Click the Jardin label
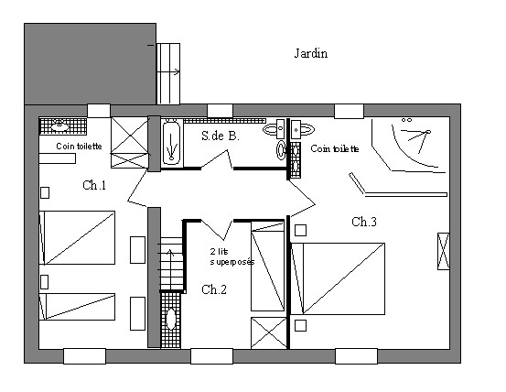click(311, 53)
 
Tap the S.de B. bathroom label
click(221, 136)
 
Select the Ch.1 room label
click(94, 185)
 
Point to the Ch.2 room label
click(214, 289)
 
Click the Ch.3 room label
click(364, 222)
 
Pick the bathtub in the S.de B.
click(171, 143)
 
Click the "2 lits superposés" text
click(232, 256)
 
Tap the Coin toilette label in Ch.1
click(79, 147)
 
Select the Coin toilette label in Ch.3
click(335, 148)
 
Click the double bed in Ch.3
click(338, 278)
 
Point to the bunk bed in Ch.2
click(267, 267)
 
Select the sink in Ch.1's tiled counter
click(60, 125)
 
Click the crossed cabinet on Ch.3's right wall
click(444, 251)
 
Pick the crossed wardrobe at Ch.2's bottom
click(268, 332)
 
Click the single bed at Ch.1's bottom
click(77, 307)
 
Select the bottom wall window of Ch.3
click(356, 356)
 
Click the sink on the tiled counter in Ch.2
click(170, 319)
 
